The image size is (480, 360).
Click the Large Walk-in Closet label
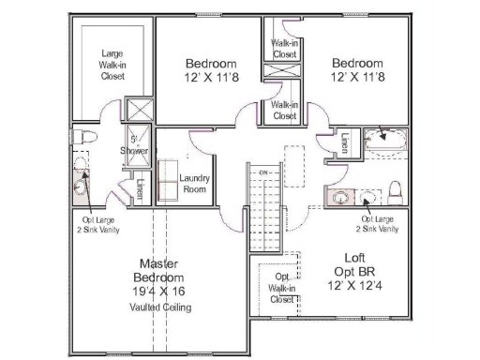pos(112,65)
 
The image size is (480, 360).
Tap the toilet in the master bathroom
pos(84,137)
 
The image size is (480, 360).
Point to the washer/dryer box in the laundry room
pos(168,178)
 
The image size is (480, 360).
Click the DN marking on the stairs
pos(264,173)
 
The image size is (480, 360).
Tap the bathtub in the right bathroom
pos(383,143)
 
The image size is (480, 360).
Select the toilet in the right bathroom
pos(396,192)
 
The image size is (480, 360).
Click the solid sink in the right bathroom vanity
pos(337,197)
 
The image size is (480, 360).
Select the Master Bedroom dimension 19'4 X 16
pos(158,292)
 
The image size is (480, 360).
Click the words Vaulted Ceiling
pos(158,306)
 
